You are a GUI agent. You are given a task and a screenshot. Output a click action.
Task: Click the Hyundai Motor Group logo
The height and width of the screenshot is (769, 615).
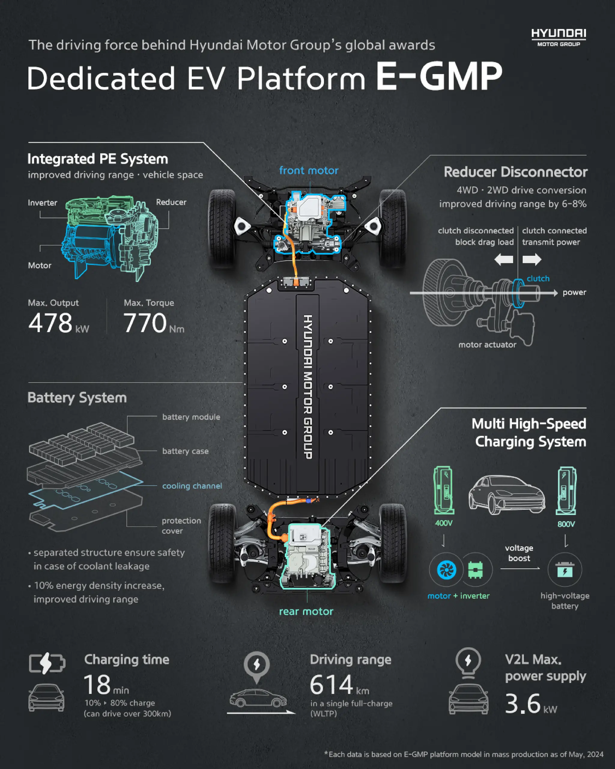pos(558,37)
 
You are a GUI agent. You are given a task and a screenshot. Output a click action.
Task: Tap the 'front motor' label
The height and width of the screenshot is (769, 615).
pos(308,171)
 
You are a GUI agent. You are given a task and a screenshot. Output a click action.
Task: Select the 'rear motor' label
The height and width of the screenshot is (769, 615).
pos(306,611)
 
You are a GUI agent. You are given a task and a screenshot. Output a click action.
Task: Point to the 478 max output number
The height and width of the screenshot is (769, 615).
pos(50,323)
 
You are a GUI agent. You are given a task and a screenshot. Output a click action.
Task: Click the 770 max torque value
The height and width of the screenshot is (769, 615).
pos(145,323)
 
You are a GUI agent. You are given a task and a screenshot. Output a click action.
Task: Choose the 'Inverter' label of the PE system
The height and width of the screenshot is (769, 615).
pos(42,202)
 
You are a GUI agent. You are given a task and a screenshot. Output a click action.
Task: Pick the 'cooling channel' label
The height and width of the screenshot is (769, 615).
pos(192,486)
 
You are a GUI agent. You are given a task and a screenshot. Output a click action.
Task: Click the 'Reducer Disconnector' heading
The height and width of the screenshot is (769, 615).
pos(515,172)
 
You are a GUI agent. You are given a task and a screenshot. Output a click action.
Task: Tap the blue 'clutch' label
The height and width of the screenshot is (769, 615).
pos(538,278)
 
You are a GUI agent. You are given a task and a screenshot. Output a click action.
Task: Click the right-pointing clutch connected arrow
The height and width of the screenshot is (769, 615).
pos(532,259)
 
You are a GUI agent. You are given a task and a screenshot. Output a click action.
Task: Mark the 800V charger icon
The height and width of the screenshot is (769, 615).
pos(566,491)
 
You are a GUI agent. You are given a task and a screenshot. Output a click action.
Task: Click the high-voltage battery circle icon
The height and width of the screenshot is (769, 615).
pos(565,570)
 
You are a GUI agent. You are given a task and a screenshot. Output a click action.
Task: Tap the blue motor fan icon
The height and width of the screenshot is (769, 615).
pos(446,570)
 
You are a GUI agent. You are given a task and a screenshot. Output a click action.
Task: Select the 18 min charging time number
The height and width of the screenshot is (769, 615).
pos(97,685)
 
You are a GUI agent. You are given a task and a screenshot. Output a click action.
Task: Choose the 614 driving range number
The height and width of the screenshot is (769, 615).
pos(331,685)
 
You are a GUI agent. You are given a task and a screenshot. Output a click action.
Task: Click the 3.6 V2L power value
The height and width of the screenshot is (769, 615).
pos(523,704)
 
